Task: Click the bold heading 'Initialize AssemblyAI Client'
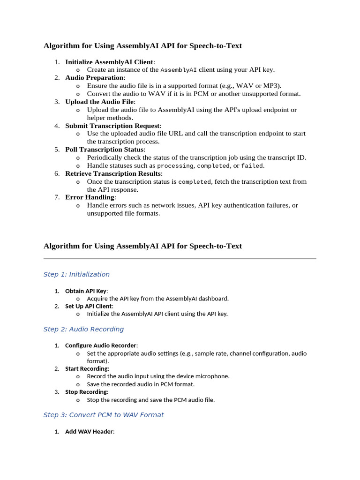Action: point(109,62)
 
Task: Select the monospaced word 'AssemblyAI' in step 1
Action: point(178,70)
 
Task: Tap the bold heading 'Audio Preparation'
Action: point(94,78)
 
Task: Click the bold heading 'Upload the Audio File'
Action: point(99,102)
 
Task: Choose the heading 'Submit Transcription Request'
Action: point(112,126)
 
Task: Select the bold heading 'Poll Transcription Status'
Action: point(105,150)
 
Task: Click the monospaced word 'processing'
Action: point(175,166)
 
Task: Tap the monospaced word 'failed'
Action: point(252,166)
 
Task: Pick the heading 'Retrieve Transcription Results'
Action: point(113,173)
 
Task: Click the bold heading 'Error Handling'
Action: point(90,197)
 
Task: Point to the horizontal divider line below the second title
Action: point(180,258)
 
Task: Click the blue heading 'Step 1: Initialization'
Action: point(76,274)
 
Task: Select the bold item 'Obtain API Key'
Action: point(86,291)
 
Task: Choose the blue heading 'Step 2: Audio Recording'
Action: point(83,329)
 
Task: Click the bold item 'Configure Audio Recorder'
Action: point(100,345)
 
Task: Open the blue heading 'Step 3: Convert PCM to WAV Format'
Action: point(104,415)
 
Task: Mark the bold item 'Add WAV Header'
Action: point(89,431)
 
